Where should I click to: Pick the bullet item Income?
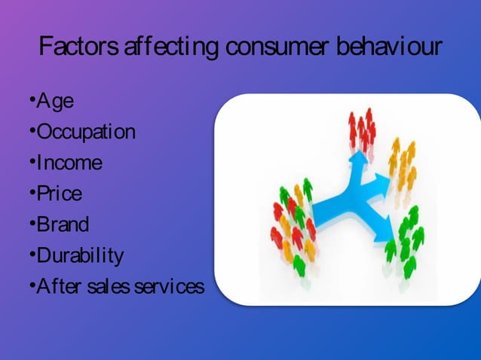[69, 163]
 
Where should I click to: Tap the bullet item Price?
[60, 194]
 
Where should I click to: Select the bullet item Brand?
[63, 224]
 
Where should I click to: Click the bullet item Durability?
[80, 256]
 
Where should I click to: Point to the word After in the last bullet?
[59, 287]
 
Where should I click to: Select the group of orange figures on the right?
[403, 167]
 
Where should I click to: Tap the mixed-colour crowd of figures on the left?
[293, 223]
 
